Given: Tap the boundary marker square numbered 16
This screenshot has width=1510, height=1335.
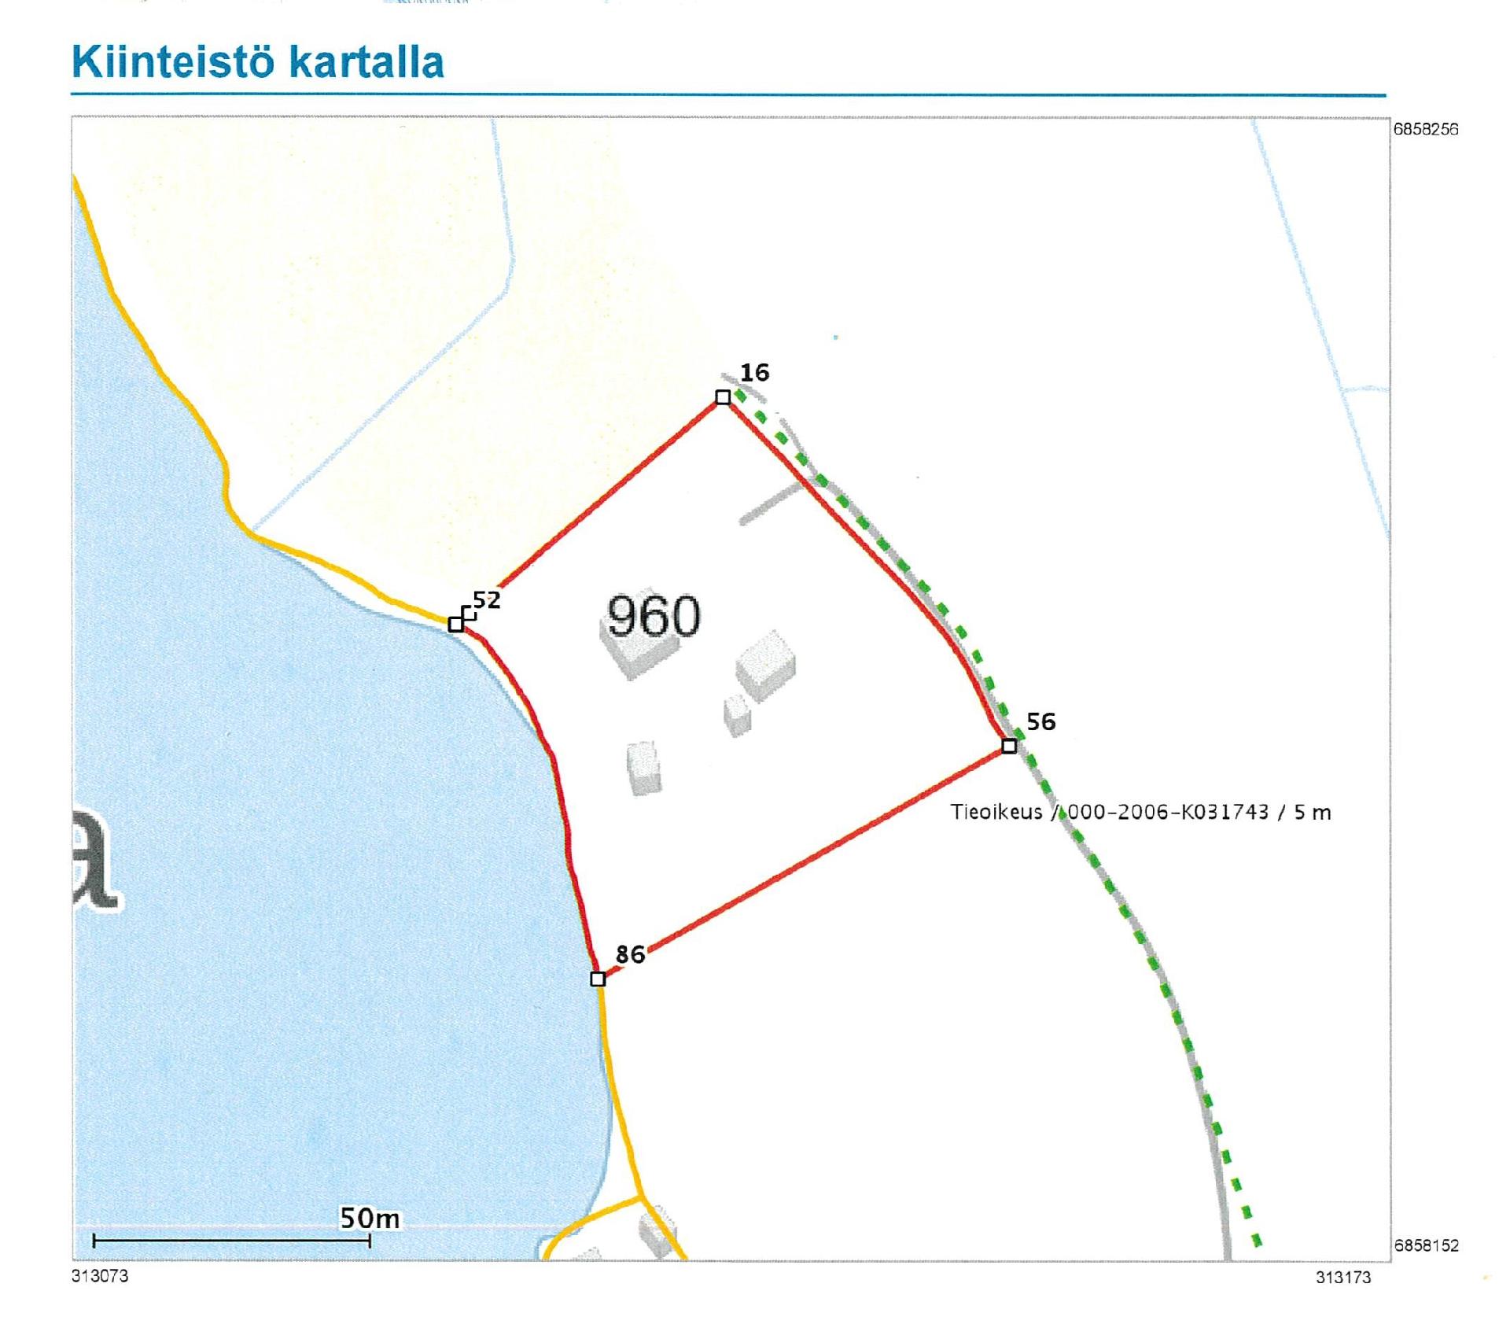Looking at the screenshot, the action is (x=723, y=397).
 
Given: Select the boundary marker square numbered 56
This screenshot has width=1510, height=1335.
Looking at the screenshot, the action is (x=1009, y=745).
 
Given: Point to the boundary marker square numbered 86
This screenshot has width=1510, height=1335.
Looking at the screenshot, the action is (x=598, y=979).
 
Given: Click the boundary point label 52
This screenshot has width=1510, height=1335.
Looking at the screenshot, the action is (x=487, y=601).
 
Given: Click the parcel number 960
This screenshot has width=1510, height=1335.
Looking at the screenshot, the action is (x=654, y=616).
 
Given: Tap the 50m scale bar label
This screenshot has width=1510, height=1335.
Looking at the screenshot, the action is (x=369, y=1219).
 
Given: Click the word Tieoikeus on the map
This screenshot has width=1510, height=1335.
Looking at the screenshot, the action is (x=996, y=812).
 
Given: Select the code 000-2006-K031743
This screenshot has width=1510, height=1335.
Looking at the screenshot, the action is (x=1167, y=812).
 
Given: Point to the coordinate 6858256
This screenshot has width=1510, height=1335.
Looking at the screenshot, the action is (x=1425, y=130).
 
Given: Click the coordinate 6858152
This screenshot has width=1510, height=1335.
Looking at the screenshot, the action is (x=1425, y=1245).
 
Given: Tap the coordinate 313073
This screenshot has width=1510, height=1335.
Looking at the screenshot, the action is (x=100, y=1276).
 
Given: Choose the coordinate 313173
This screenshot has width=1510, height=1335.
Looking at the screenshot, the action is (x=1343, y=1278).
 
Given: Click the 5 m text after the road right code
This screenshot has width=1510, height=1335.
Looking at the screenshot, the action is (x=1313, y=812).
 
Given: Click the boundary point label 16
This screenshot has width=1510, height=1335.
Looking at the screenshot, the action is (x=754, y=373).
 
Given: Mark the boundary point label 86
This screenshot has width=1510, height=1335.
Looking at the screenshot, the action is (x=630, y=955).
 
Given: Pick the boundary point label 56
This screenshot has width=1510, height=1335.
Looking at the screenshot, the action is (x=1041, y=721).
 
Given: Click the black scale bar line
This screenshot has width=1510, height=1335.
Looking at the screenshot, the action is (x=231, y=1241).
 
